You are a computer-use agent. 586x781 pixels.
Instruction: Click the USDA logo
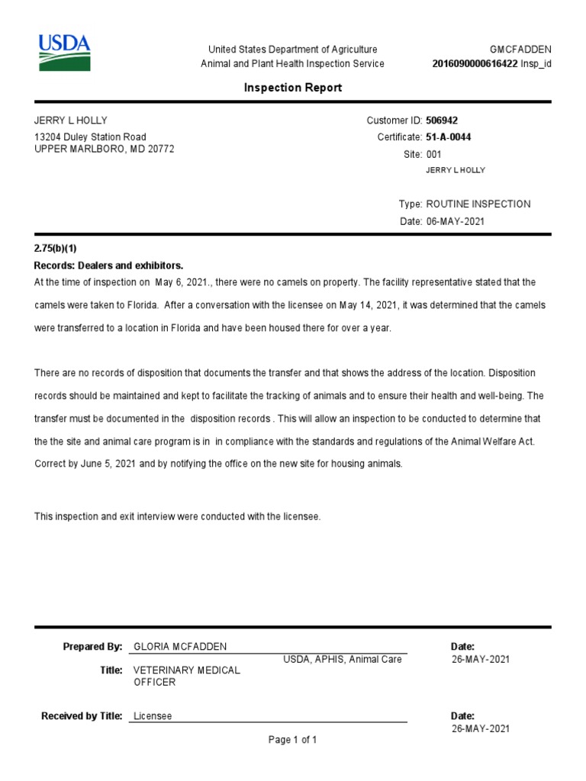(64, 53)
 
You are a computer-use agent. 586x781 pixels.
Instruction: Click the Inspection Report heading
(293, 88)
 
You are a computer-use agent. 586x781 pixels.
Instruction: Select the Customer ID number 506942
(442, 121)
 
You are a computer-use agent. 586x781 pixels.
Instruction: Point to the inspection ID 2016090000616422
(475, 64)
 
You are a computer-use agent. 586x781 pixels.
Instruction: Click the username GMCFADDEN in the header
(520, 50)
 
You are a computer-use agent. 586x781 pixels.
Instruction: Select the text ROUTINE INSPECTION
(478, 204)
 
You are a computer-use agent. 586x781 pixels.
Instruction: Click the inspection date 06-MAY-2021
(455, 221)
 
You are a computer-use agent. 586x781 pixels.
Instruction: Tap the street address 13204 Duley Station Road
(90, 137)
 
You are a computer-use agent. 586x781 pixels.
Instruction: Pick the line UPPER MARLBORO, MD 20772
(105, 149)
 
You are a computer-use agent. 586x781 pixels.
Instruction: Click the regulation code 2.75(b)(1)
(56, 249)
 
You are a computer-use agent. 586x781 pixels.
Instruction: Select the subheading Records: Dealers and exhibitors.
(109, 265)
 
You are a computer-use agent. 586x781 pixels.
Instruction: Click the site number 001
(433, 154)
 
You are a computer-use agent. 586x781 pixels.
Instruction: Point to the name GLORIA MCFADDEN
(180, 647)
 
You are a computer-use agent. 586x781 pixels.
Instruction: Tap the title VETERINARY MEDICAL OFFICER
(187, 676)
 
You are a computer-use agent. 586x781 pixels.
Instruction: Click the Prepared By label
(92, 647)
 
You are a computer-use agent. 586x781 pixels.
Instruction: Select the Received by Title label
(82, 716)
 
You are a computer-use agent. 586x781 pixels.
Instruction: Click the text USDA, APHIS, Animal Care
(343, 660)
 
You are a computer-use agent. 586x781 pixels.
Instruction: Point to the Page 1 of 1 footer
(292, 740)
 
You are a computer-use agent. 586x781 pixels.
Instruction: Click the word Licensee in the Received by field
(153, 716)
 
